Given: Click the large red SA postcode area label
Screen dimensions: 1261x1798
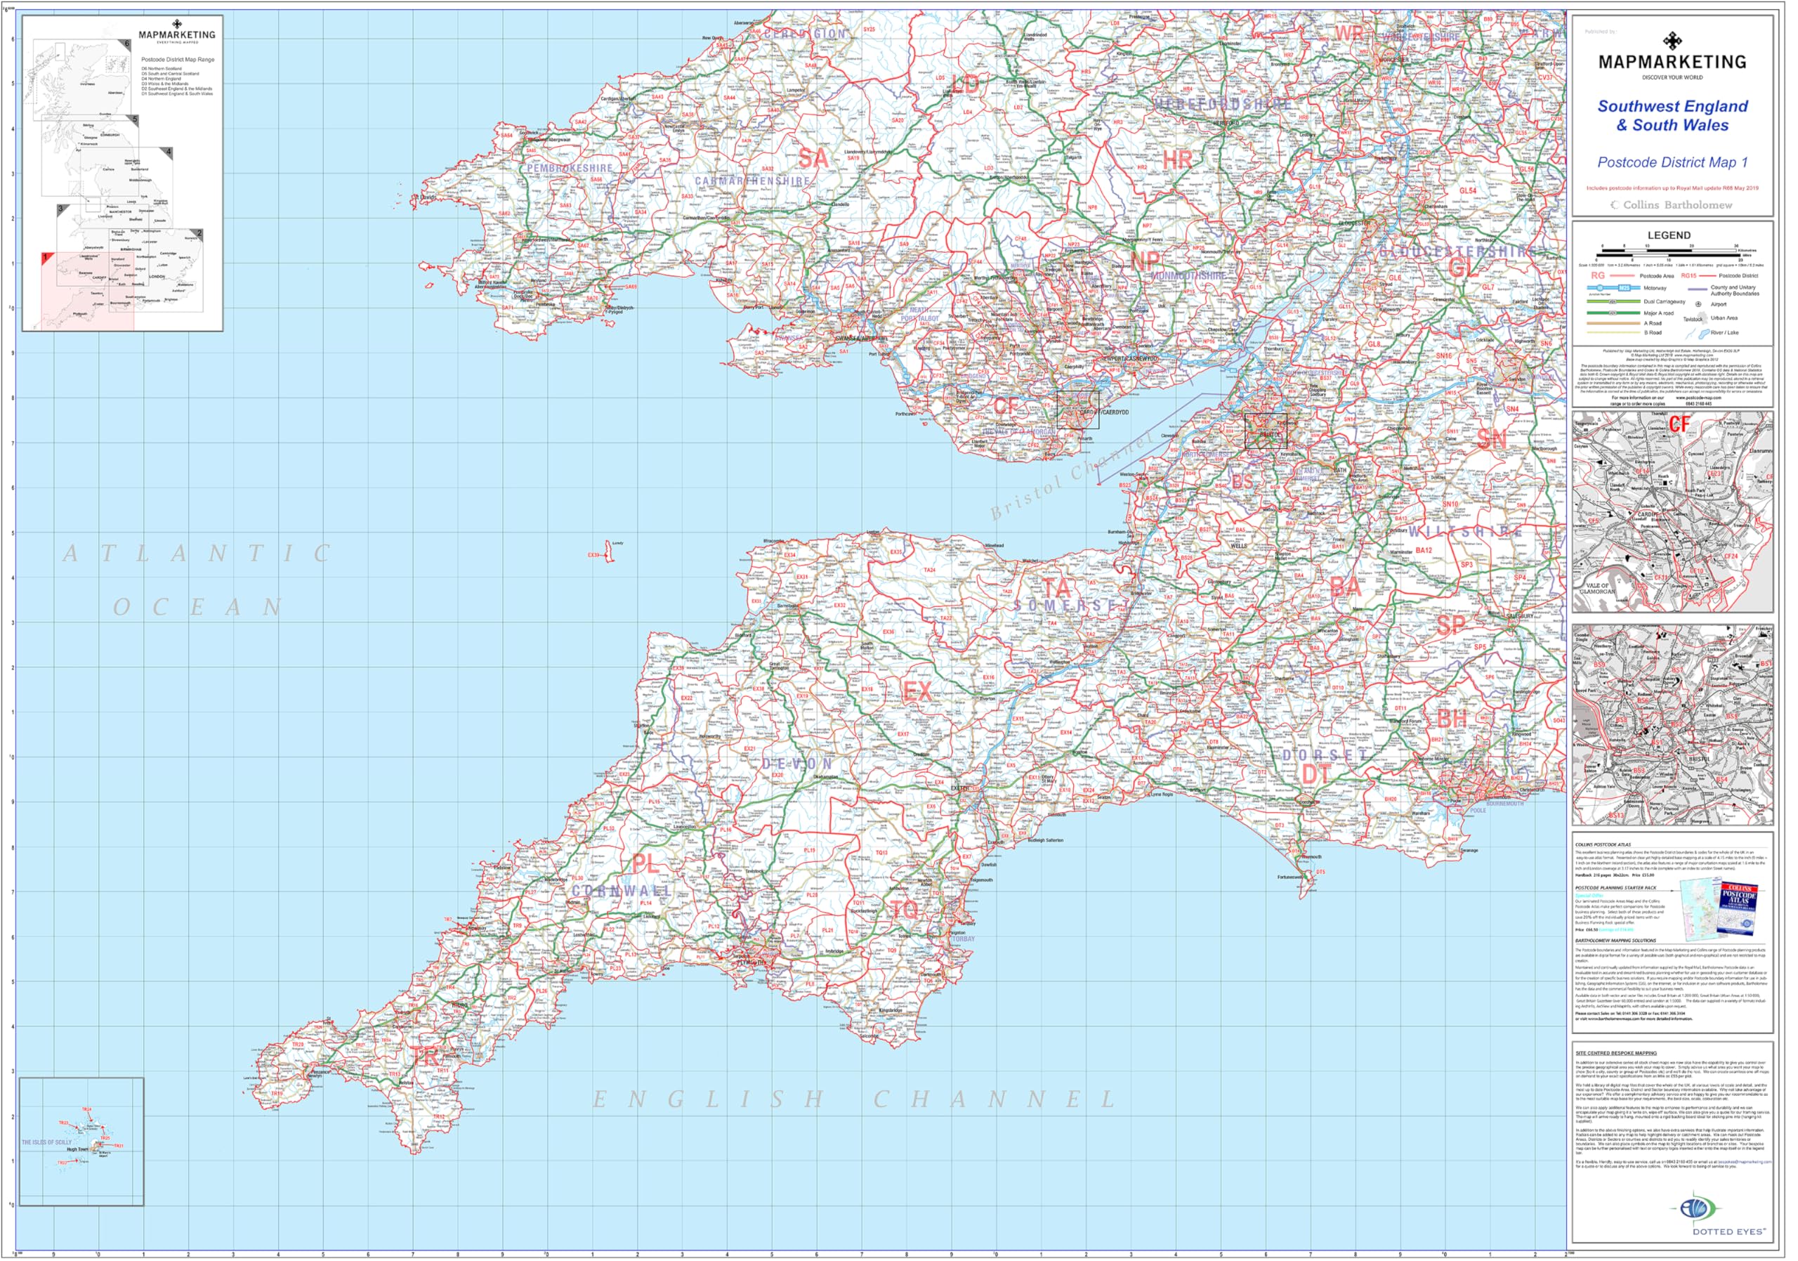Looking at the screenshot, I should coord(813,158).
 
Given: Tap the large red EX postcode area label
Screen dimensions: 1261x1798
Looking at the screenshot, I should coord(917,691).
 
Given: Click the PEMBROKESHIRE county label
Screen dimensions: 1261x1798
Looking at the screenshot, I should coord(570,169).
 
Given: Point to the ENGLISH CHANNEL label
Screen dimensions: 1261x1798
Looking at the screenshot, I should coord(853,1099).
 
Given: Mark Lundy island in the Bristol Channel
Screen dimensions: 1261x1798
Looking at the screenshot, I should coord(609,551).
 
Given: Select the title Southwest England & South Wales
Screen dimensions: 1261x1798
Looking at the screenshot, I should coord(1673,116).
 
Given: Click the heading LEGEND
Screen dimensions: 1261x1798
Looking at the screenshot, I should coord(1669,235).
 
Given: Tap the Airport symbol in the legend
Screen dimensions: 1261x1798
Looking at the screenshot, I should coord(1698,304).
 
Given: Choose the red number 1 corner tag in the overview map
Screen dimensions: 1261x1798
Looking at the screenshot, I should coord(46,257).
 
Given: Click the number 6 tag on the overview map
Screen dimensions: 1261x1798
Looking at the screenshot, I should coord(127,44).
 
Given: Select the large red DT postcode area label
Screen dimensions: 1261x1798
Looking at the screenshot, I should coord(1316,775).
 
